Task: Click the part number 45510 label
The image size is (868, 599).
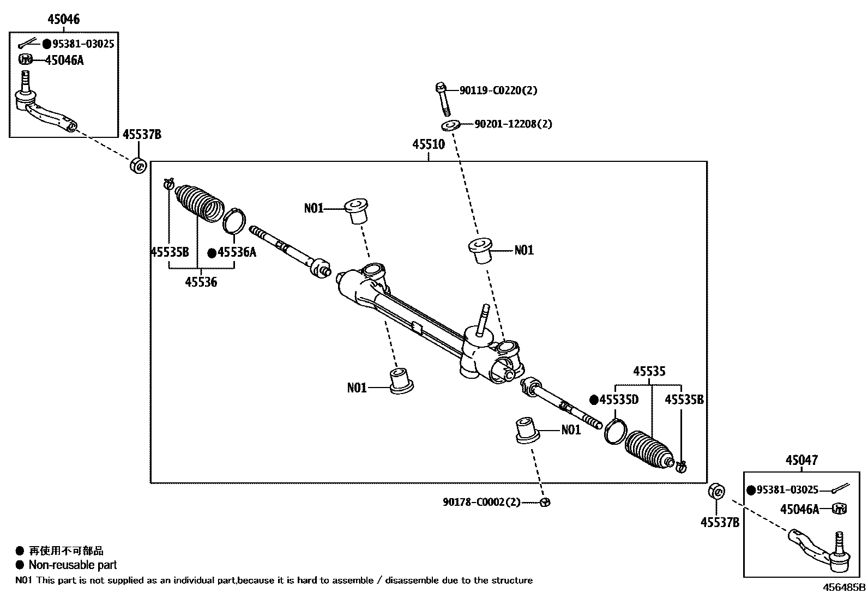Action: click(x=428, y=144)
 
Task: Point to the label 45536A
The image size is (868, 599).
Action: click(x=237, y=252)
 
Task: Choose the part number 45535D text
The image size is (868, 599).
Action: click(x=619, y=400)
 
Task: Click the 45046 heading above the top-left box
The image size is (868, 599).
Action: click(x=63, y=20)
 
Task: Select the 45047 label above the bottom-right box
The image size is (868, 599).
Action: click(x=801, y=461)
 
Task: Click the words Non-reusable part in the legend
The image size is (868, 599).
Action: click(x=73, y=565)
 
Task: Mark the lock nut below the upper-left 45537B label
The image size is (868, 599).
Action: click(x=138, y=164)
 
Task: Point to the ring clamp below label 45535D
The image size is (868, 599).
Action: click(x=615, y=431)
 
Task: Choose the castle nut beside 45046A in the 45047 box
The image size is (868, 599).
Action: click(x=839, y=509)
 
